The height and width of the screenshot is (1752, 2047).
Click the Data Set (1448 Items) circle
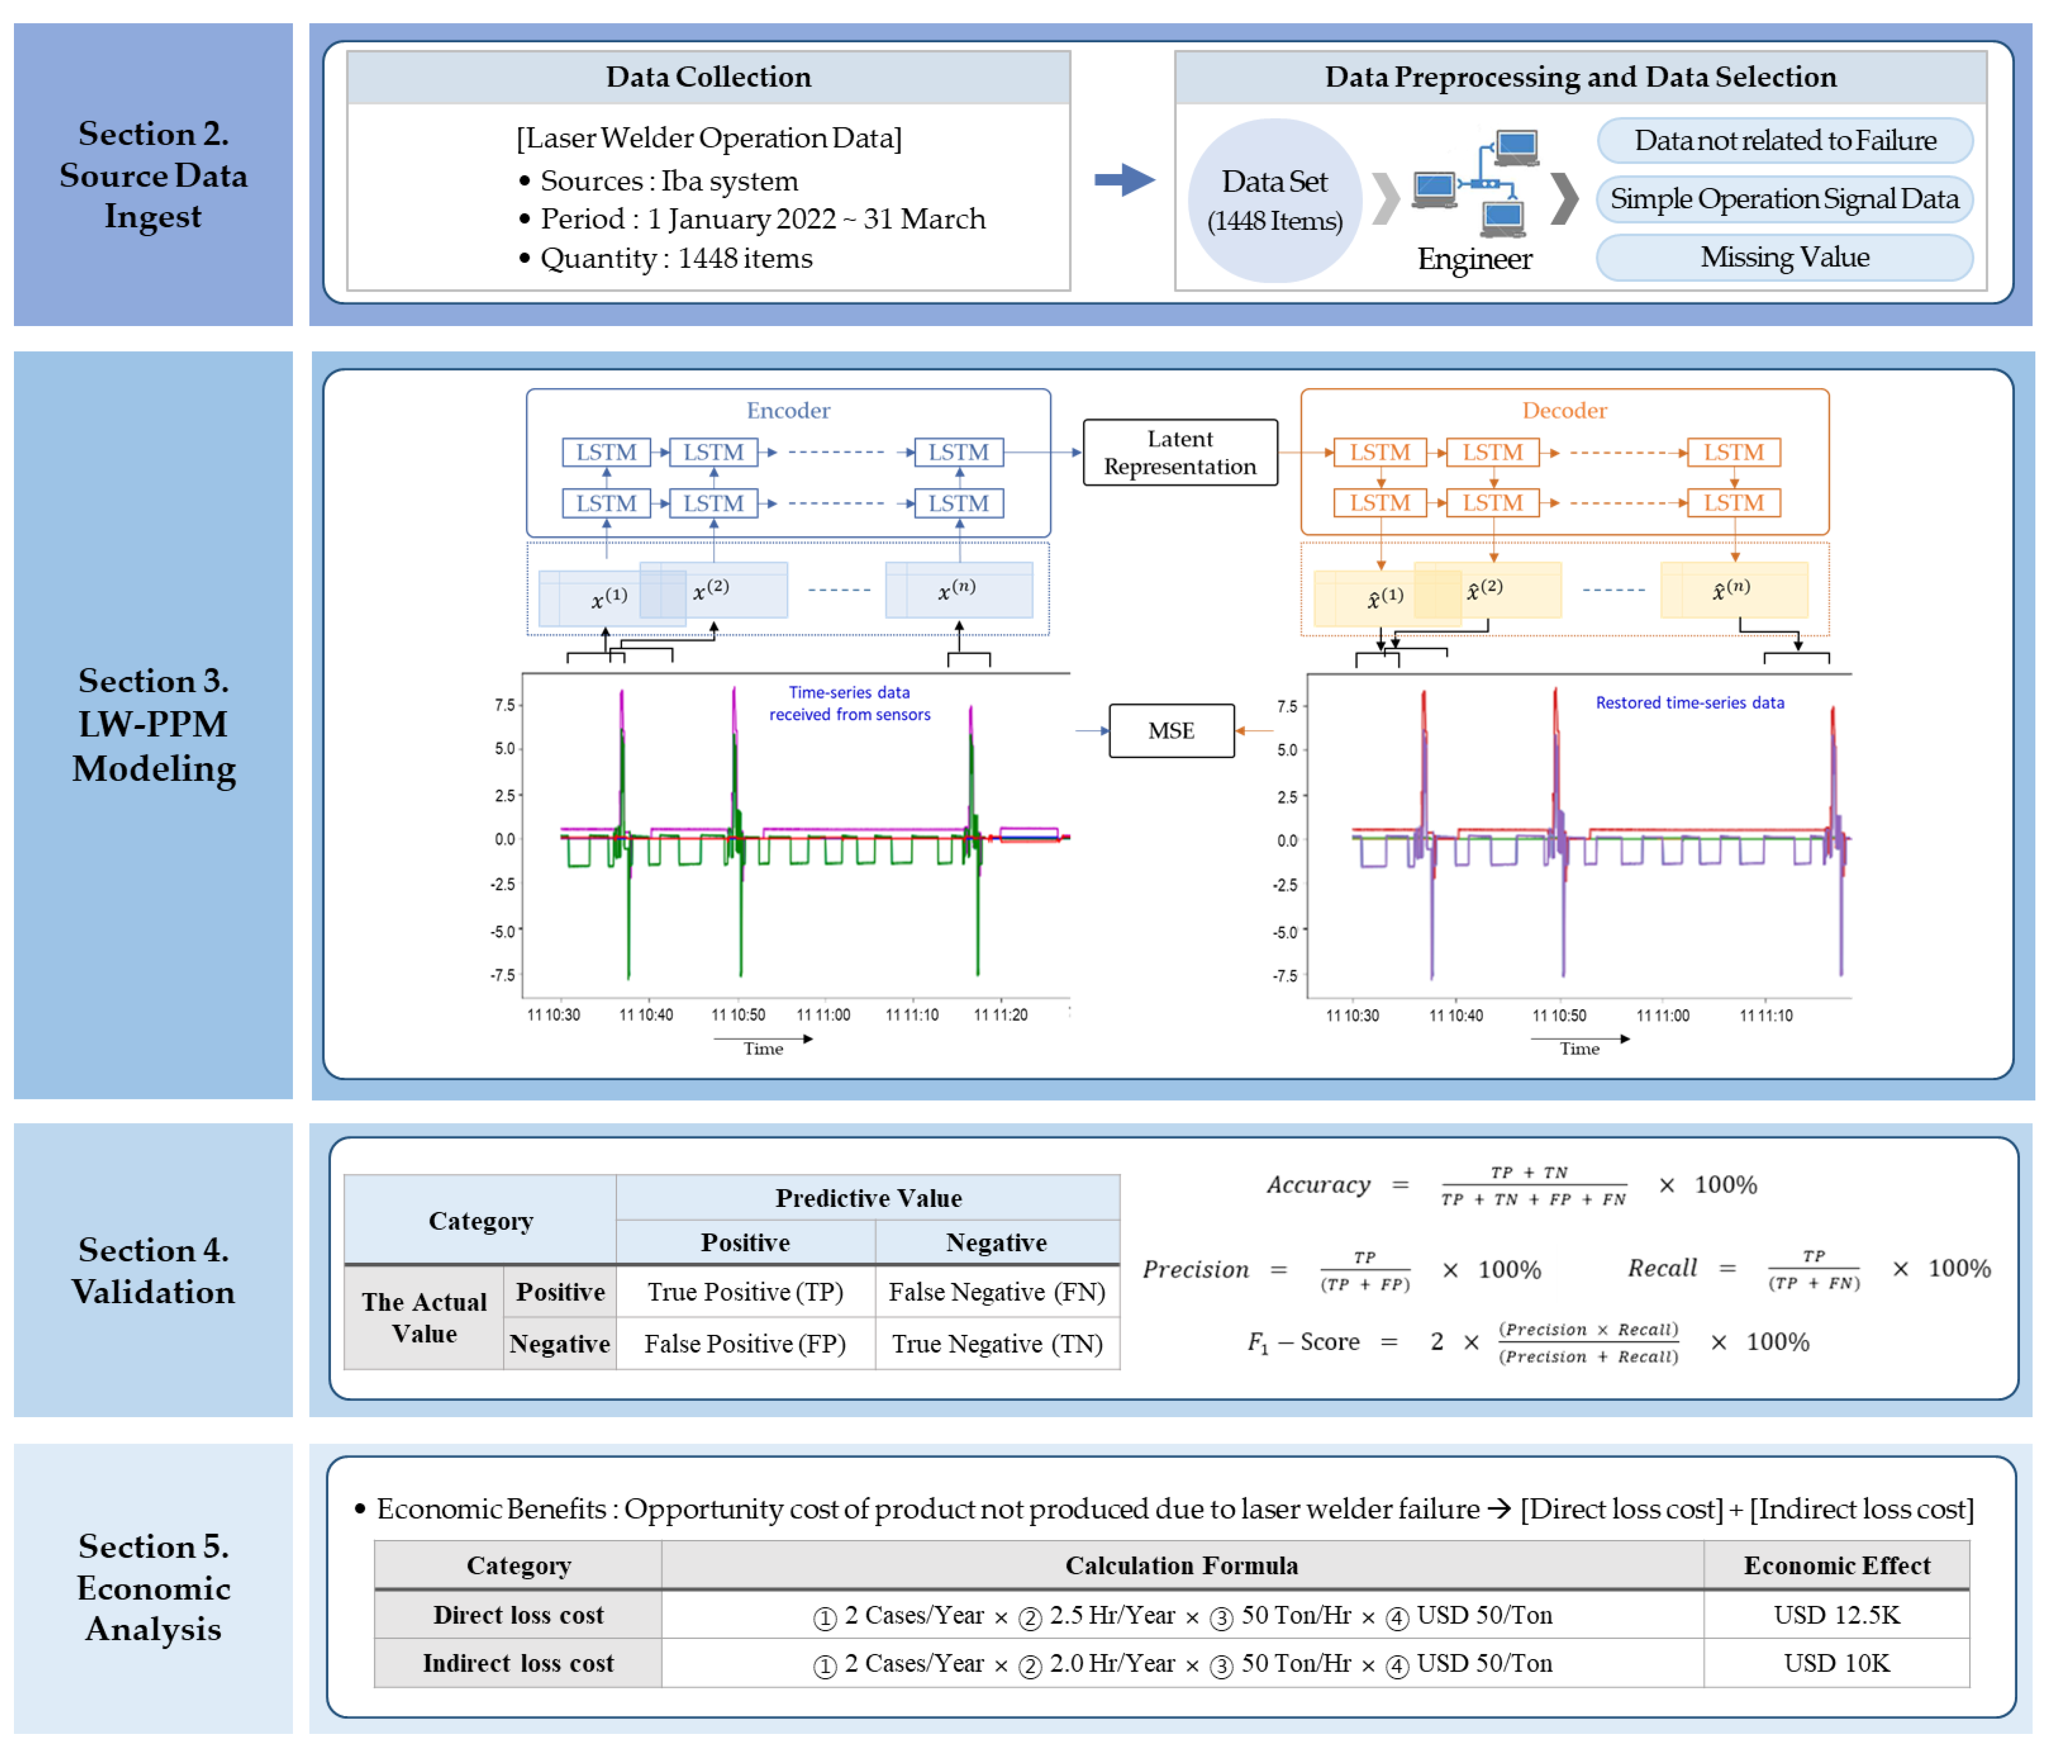click(1274, 200)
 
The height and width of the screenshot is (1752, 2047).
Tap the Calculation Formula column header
click(1182, 1565)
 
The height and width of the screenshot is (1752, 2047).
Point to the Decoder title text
click(1564, 410)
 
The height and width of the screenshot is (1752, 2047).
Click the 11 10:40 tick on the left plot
click(646, 1015)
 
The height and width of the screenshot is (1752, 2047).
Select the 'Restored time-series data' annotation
click(1689, 703)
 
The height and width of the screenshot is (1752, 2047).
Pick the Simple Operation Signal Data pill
click(1784, 199)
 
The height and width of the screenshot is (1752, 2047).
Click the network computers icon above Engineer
click(1475, 183)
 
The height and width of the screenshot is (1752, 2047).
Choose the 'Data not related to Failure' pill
click(1784, 140)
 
